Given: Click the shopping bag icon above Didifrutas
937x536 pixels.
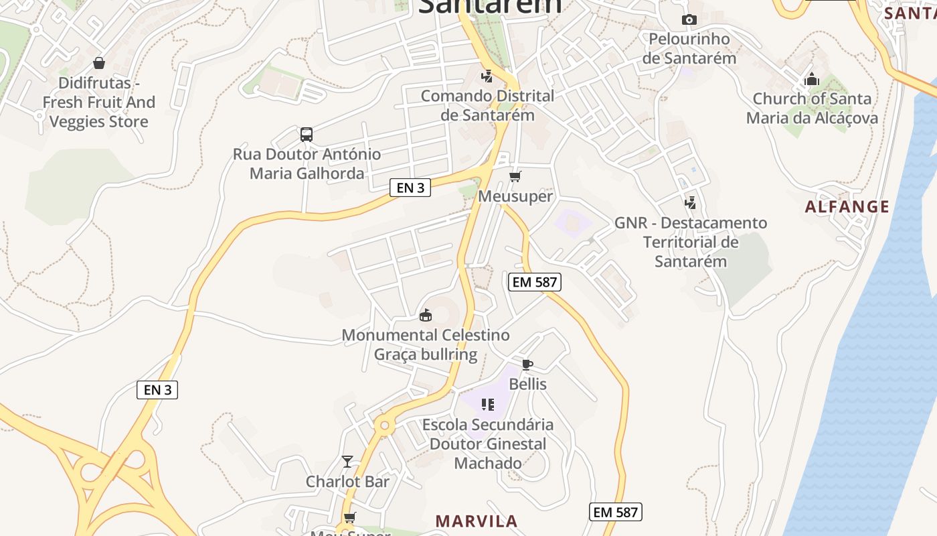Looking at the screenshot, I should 99,63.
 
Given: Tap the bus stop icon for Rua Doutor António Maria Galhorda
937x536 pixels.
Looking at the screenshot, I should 307,135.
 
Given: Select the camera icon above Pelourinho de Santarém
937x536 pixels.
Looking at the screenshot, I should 689,20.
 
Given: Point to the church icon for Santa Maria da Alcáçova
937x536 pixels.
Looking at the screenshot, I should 812,79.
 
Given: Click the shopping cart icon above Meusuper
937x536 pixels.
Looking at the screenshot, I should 515,177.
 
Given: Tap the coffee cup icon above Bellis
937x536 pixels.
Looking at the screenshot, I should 527,364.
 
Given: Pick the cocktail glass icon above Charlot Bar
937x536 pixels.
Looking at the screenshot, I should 347,462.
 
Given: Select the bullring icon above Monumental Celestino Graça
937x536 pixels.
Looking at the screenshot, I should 425,315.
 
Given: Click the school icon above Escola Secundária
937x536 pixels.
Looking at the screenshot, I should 488,405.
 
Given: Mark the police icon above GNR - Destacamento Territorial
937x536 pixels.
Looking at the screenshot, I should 690,202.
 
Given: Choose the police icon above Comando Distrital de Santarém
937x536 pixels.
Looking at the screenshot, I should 487,76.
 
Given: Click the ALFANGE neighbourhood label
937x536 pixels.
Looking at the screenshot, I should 847,206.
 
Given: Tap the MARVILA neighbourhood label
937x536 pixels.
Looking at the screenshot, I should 477,521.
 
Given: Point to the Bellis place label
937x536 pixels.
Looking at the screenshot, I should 527,384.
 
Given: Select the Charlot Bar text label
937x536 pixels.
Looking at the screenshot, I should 347,481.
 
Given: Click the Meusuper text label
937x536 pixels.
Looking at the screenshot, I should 515,196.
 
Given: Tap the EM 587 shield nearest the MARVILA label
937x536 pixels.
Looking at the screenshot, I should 616,513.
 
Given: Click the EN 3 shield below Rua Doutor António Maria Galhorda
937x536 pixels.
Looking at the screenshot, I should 410,188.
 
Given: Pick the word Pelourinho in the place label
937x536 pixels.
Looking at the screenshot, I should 689,39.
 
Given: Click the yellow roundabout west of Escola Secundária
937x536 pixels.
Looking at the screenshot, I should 384,425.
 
